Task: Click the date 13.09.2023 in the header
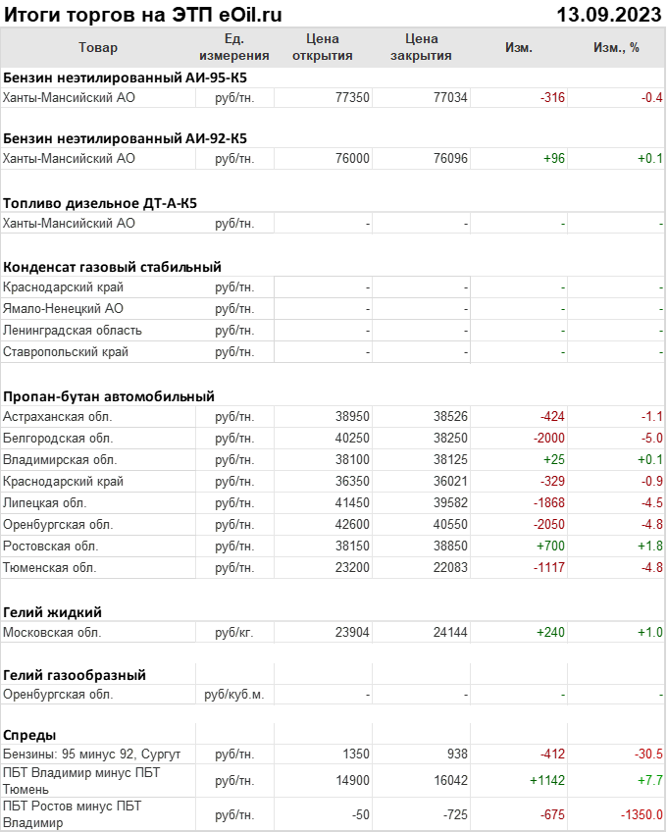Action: click(609, 15)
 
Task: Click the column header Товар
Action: click(98, 47)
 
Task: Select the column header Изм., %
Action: click(616, 47)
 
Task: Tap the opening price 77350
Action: click(352, 97)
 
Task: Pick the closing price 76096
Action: click(450, 158)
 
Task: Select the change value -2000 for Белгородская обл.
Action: click(545, 438)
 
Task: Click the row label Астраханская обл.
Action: click(58, 416)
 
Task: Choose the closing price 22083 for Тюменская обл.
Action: click(450, 567)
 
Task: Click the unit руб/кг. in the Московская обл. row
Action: click(234, 632)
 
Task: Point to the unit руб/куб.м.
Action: click(233, 694)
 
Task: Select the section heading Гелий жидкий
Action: click(53, 612)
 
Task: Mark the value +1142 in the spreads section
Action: click(545, 780)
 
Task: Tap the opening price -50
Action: click(357, 814)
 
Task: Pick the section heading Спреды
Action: click(29, 735)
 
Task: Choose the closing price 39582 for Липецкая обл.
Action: click(450, 502)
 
